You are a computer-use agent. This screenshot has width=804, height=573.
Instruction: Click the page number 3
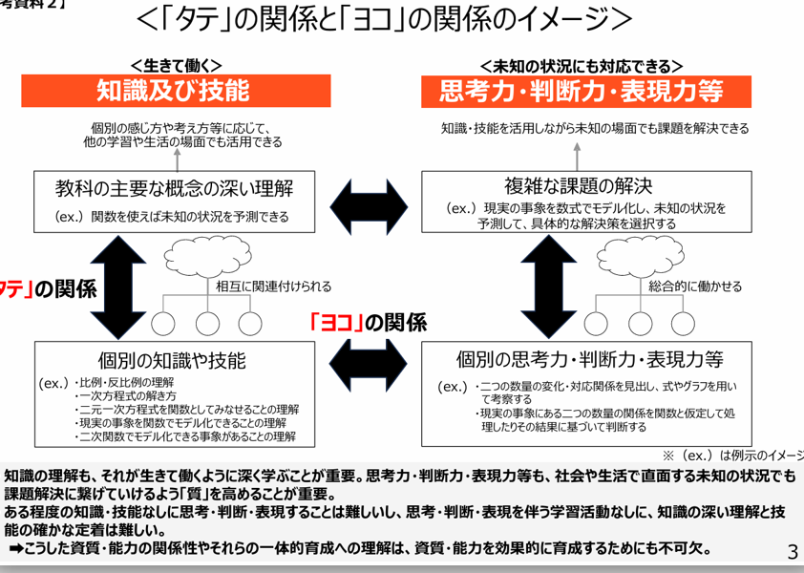792,551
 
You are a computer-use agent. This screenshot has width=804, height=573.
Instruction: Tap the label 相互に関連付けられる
274,286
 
